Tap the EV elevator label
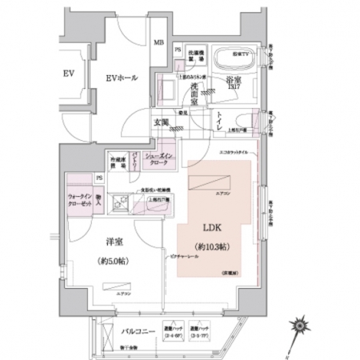69,74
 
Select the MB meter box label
158,42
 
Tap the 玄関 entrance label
161,123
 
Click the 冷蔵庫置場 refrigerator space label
119,162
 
